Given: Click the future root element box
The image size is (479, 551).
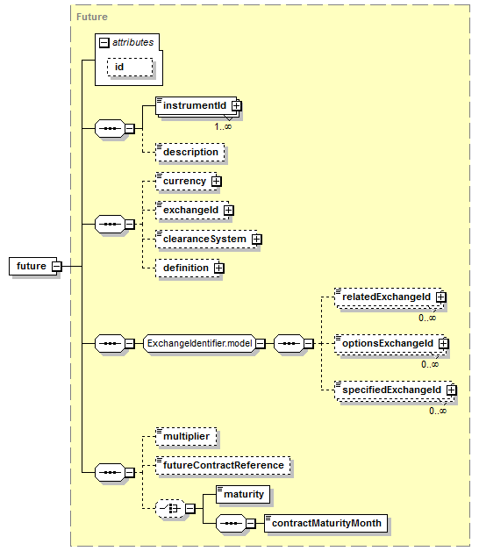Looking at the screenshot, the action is [x=33, y=266].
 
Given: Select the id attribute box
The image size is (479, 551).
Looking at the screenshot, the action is [x=130, y=67].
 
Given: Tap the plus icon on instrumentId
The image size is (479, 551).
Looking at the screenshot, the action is [x=237, y=105].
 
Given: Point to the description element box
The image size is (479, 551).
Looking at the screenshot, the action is [x=190, y=152].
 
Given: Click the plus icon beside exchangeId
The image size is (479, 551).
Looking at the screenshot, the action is [x=228, y=211].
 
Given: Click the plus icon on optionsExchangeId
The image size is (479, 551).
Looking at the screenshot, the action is [x=444, y=343].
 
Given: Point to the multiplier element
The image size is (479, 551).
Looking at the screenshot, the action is [x=186, y=436].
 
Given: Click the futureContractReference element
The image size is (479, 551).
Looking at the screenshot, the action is [x=223, y=466].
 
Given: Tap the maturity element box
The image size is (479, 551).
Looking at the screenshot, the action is [x=243, y=495].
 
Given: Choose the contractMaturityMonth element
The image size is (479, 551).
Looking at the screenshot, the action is [x=326, y=524].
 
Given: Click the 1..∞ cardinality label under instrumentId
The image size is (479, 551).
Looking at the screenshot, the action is [x=223, y=126].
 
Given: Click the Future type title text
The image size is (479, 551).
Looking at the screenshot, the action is [x=92, y=17].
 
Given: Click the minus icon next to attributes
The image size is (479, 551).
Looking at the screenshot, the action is [x=104, y=43].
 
